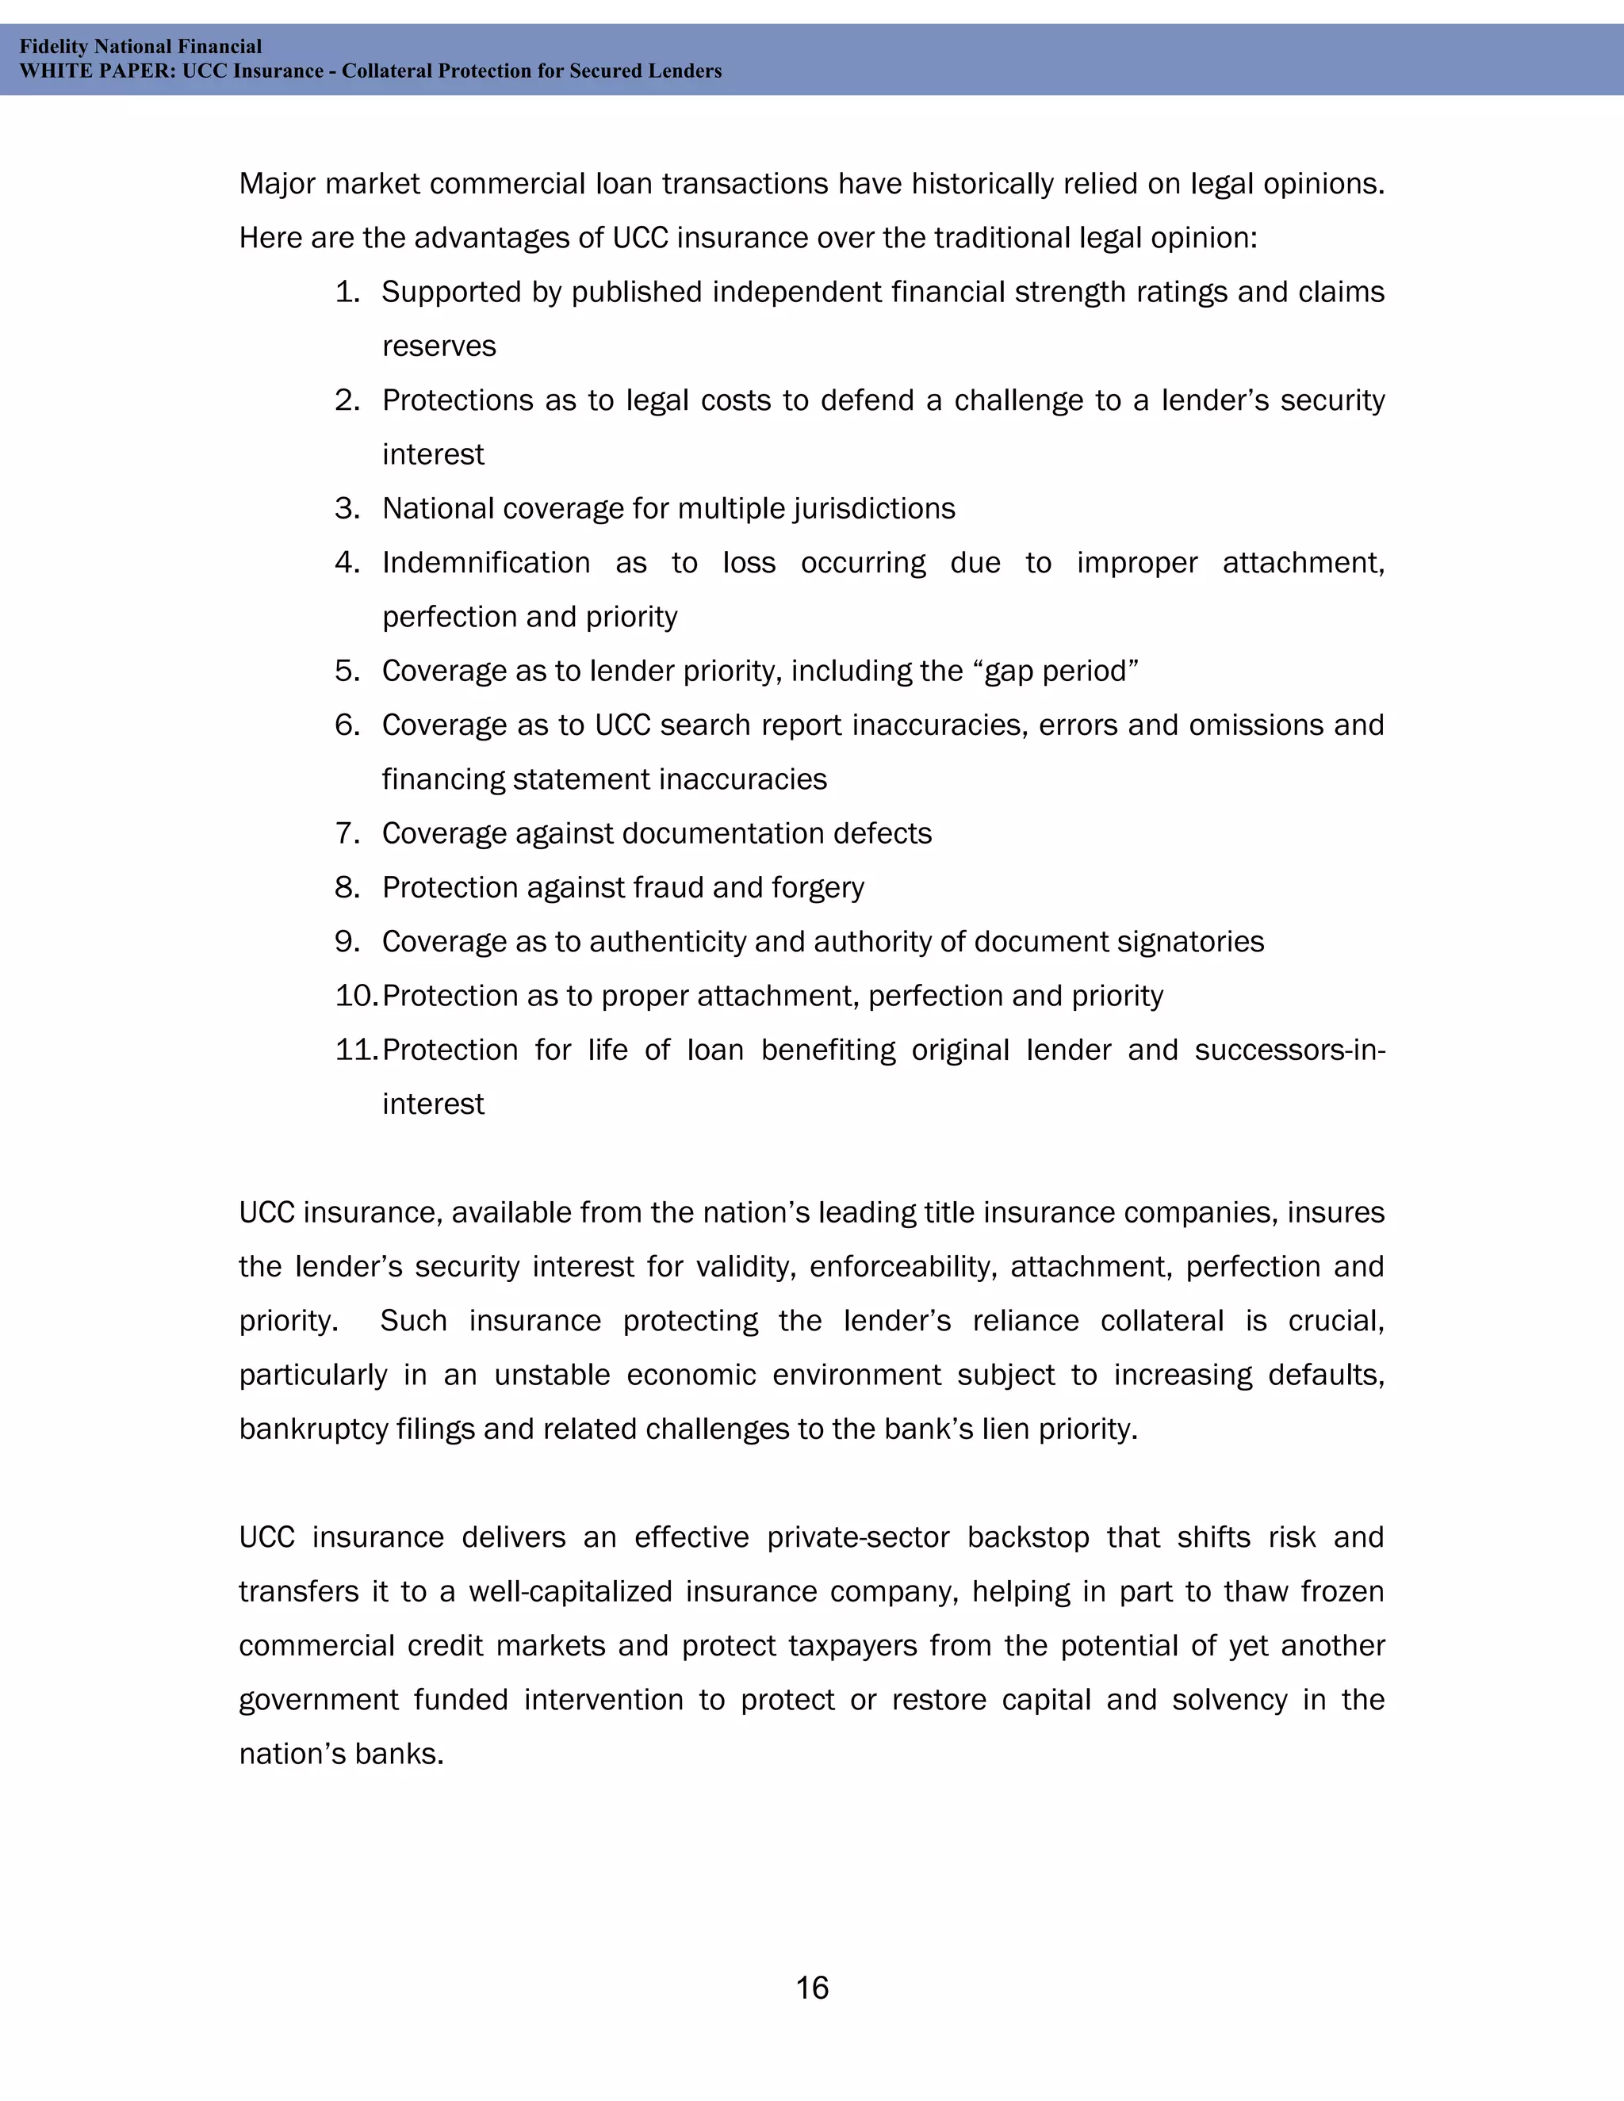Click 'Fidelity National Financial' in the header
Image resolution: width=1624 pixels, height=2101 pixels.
[140, 46]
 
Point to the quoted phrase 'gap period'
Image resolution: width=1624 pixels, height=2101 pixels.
[1060, 671]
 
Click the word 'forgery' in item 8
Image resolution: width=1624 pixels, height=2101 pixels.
[817, 887]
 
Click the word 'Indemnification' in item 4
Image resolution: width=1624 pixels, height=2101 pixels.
[486, 563]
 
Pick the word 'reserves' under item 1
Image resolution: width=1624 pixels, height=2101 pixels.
[439, 346]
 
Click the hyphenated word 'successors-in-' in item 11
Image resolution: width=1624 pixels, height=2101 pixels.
[1289, 1050]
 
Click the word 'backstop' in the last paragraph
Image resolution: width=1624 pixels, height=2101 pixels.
[1028, 1537]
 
